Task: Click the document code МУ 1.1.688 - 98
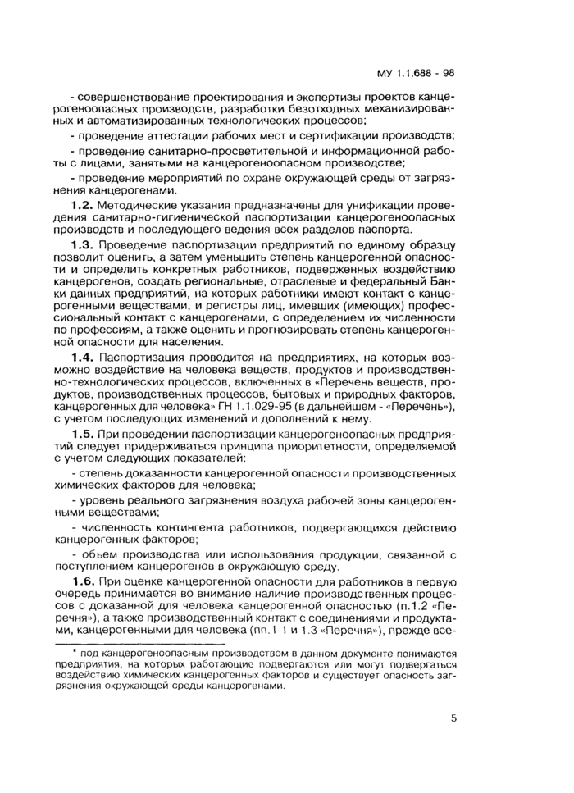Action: coord(415,73)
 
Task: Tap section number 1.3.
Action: coord(84,244)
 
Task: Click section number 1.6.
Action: coord(84,581)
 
